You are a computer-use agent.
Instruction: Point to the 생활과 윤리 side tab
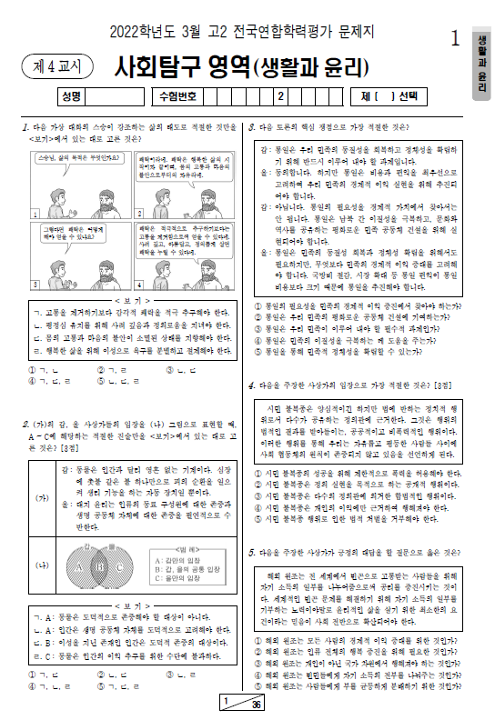point(482,64)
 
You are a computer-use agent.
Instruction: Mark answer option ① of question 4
point(259,473)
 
